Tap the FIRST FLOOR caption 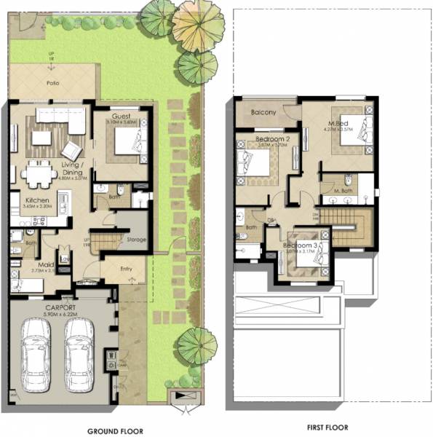pyautogui.click(x=327, y=428)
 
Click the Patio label pyautogui.click(x=52, y=83)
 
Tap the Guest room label pyautogui.click(x=121, y=116)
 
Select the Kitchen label pyautogui.click(x=37, y=200)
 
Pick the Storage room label pyautogui.click(x=136, y=239)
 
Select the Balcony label pyautogui.click(x=262, y=112)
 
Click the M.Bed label pyautogui.click(x=336, y=122)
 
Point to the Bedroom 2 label pyautogui.click(x=273, y=138)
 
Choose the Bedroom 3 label pyautogui.click(x=300, y=245)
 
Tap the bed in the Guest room pyautogui.click(x=131, y=142)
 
